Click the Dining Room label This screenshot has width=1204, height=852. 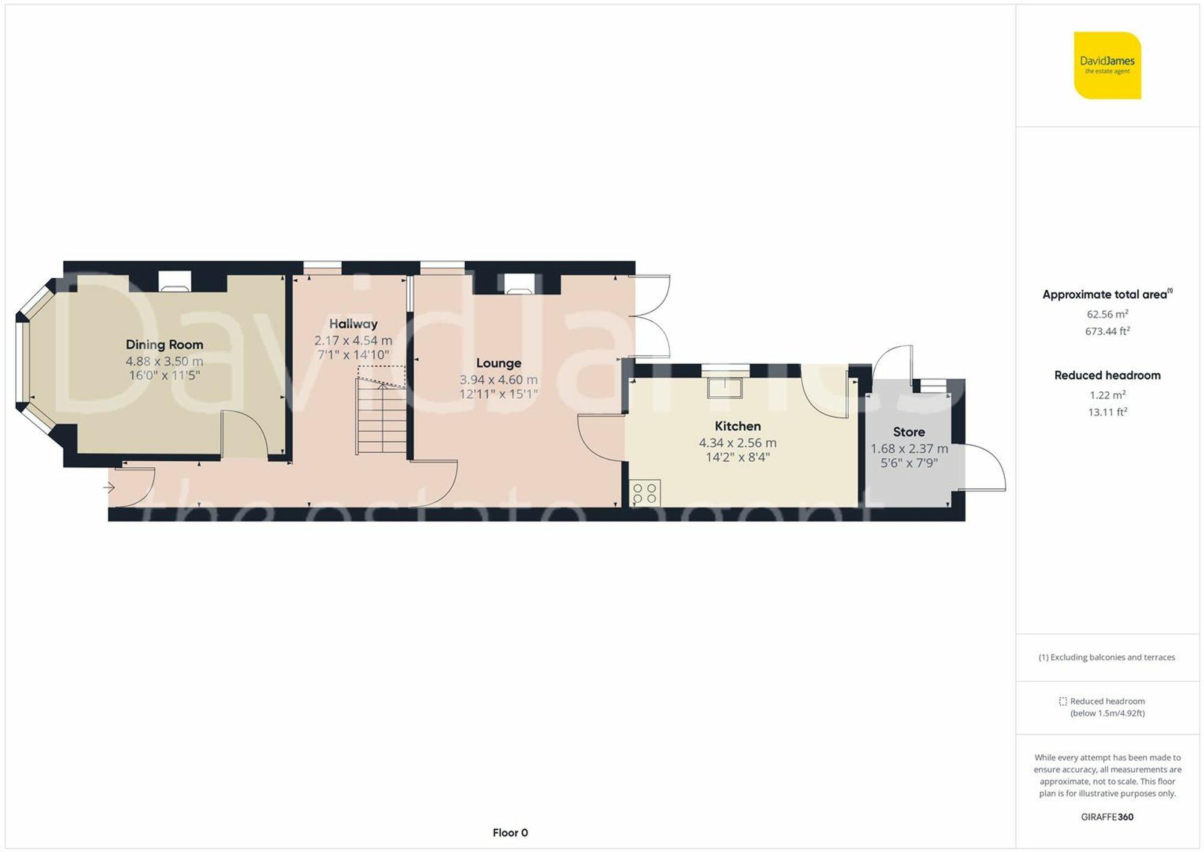(164, 344)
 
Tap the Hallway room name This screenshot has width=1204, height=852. (353, 323)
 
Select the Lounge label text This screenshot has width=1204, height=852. (498, 363)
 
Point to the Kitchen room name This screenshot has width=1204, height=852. (737, 426)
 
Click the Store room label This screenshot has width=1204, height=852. (909, 432)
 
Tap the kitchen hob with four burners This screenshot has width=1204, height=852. (645, 493)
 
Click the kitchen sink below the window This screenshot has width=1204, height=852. (725, 388)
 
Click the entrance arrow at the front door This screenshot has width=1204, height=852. (109, 487)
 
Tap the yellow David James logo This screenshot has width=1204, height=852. (1107, 66)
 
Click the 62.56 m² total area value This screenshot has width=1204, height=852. (1107, 314)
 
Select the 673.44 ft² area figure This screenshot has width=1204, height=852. (1107, 331)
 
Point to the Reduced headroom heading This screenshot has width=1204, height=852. (1107, 375)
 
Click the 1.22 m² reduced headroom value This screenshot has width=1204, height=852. (1107, 395)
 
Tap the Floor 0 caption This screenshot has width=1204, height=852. (510, 833)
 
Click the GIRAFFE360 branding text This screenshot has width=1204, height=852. (1107, 817)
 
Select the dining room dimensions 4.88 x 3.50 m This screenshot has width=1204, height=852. (164, 361)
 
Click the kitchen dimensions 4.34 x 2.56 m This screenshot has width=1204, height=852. (737, 443)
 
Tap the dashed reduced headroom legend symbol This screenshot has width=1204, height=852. (1063, 701)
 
